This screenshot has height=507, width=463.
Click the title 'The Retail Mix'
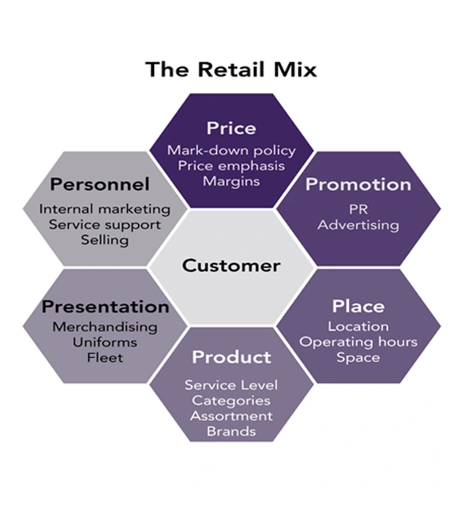[231, 69]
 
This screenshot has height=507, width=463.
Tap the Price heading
[231, 128]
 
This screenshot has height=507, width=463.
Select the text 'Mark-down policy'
[231, 151]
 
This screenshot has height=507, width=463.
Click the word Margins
[231, 182]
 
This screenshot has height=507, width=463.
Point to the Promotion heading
[358, 185]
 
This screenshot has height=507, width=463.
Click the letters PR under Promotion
[358, 209]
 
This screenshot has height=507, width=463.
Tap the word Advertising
[358, 225]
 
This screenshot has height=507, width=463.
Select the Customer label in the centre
[231, 265]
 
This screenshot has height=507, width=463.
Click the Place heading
[358, 306]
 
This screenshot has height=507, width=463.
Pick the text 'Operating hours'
[358, 342]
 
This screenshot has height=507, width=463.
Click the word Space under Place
[358, 358]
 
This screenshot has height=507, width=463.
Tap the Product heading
[231, 357]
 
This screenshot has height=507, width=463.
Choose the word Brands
[231, 431]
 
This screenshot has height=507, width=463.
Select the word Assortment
[231, 416]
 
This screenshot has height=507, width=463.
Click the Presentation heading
[105, 307]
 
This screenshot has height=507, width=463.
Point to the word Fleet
[105, 358]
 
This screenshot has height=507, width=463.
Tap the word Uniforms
[105, 343]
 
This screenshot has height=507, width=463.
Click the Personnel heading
[100, 185]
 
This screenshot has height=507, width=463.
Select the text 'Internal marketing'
[105, 209]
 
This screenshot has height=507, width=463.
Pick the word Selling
[105, 240]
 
